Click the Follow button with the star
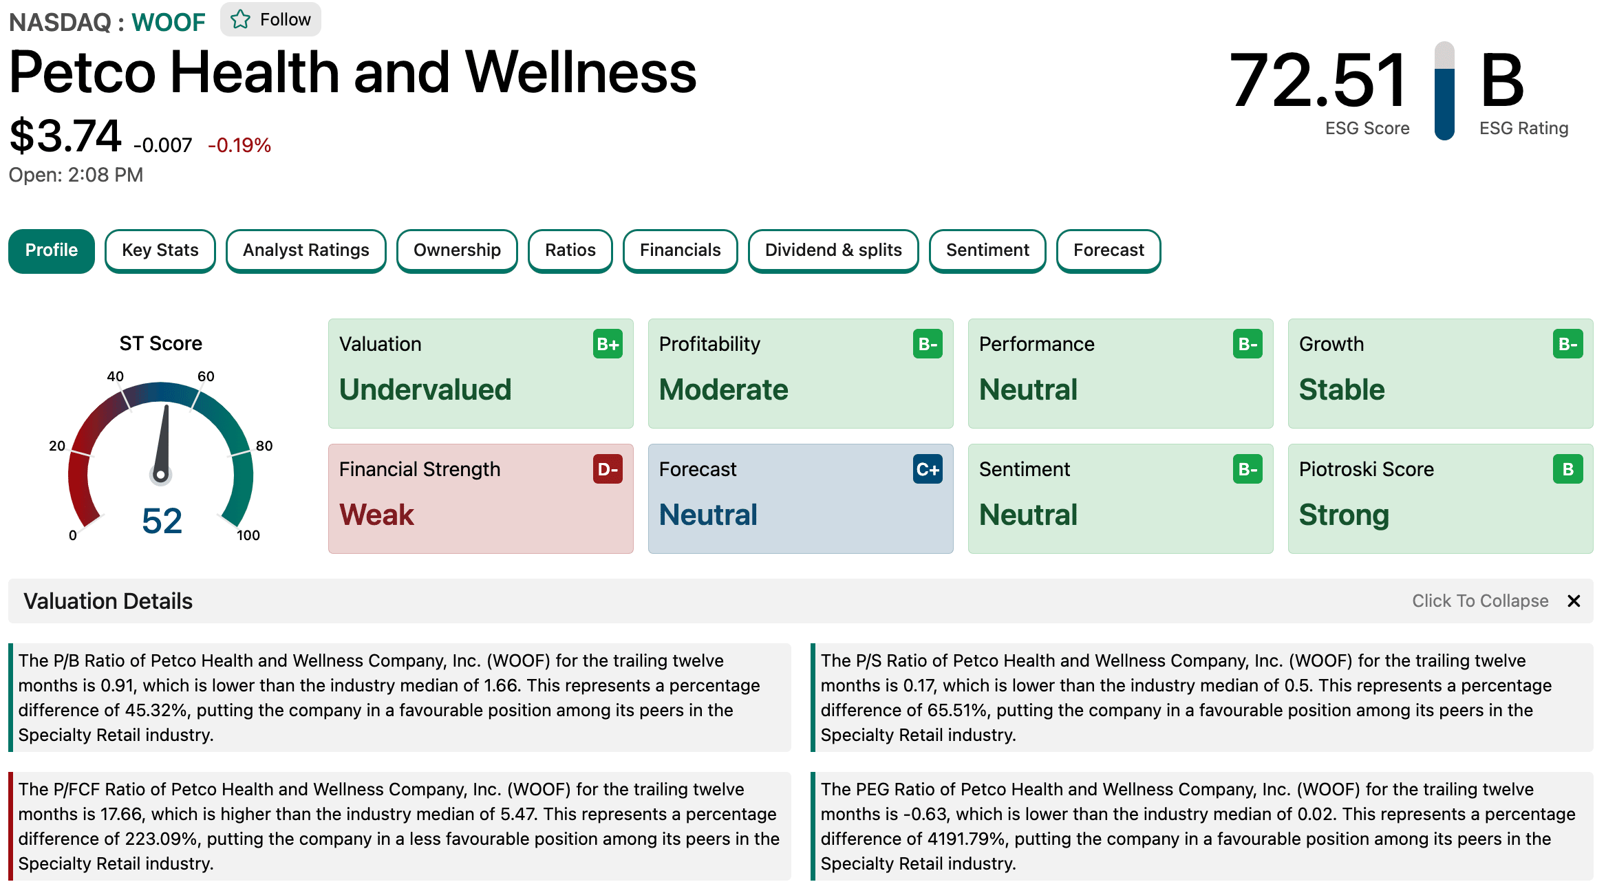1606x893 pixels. tap(270, 19)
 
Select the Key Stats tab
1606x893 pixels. tap(160, 250)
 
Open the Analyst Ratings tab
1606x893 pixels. tap(306, 250)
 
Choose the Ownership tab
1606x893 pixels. tap(457, 250)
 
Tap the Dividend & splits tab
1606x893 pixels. tap(833, 250)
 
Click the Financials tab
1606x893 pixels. tap(681, 250)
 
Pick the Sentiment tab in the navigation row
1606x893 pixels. tap(987, 250)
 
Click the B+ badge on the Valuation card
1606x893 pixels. tap(608, 344)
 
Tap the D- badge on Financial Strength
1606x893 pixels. tap(608, 469)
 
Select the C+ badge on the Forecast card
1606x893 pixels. tap(928, 469)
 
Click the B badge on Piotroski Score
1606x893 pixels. tap(1567, 469)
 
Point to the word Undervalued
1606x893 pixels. tap(425, 389)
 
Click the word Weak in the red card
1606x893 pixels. tap(376, 515)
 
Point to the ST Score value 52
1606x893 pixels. tap(162, 520)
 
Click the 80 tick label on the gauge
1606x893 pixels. tap(264, 446)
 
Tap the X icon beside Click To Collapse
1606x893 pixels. tap(1574, 601)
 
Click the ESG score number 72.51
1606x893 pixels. tap(1318, 80)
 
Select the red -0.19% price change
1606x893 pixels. tap(239, 145)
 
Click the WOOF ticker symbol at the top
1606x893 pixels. tap(169, 23)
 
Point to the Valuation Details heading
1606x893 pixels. tap(108, 601)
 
